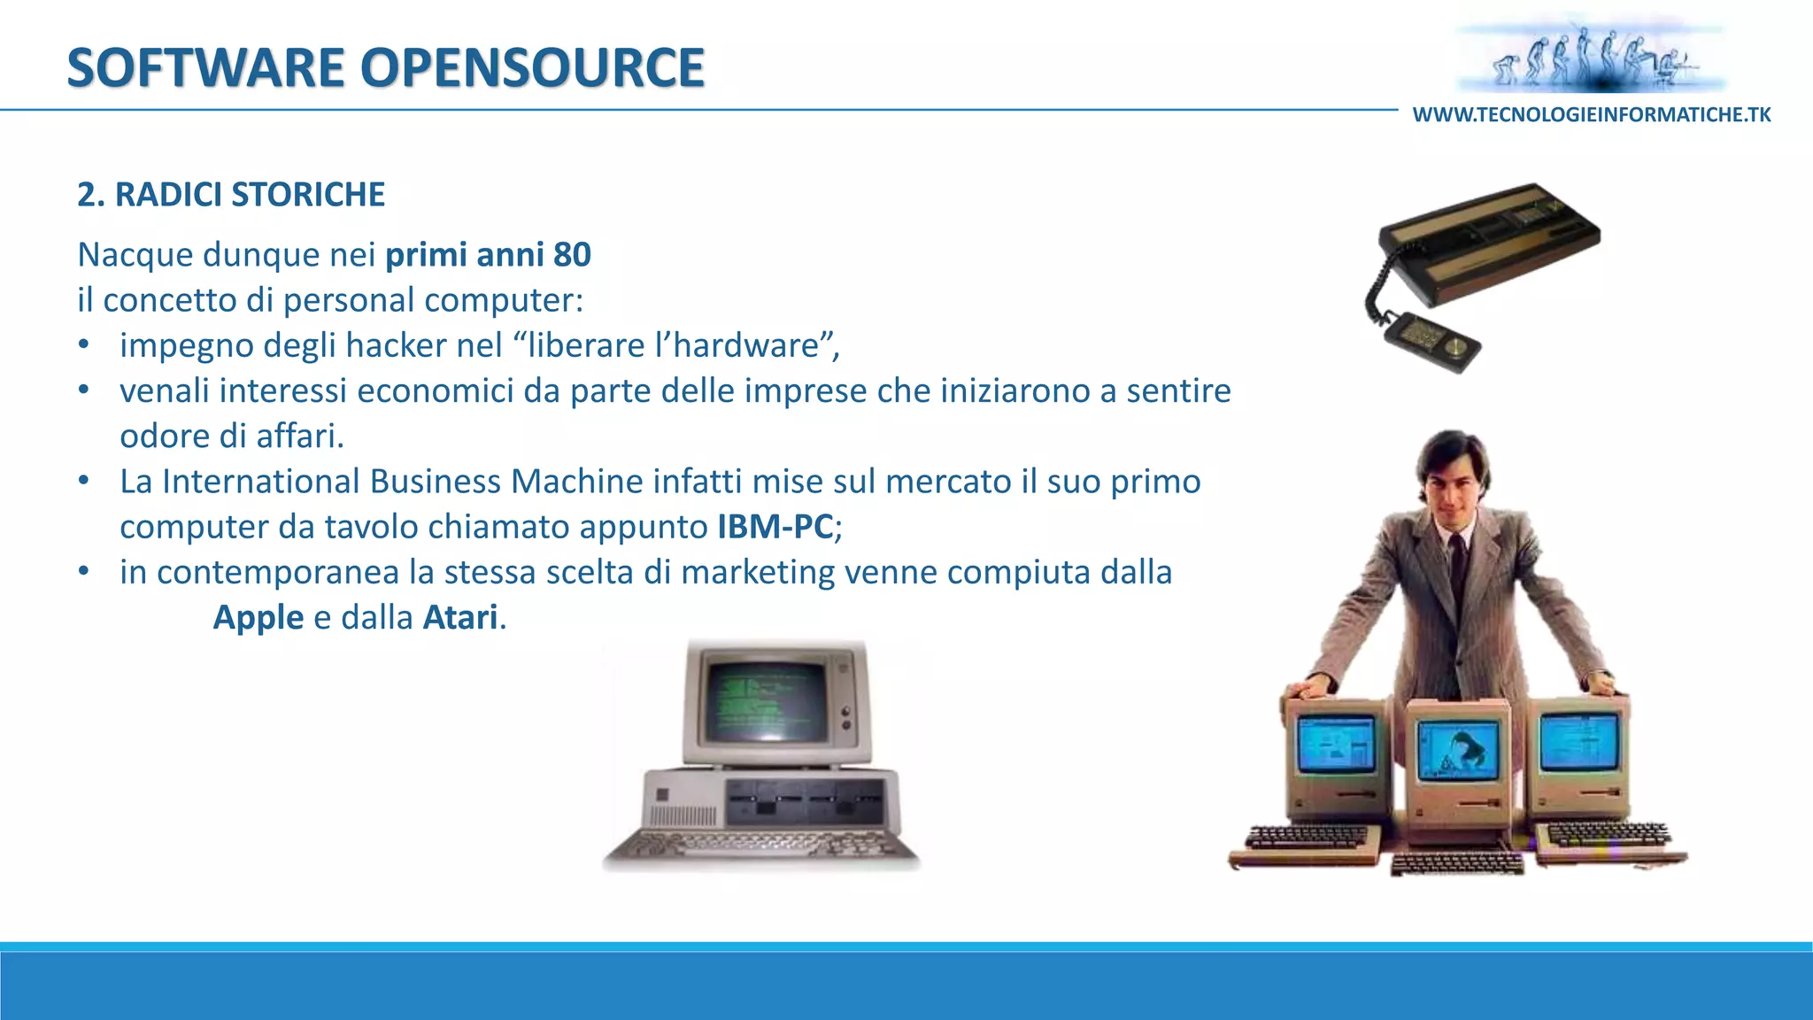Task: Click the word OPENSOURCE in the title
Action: [x=532, y=68]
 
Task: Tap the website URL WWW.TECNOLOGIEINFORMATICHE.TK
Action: [x=1591, y=115]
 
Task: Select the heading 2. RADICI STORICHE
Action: [x=231, y=195]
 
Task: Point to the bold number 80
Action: [x=572, y=255]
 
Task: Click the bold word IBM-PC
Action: [x=775, y=527]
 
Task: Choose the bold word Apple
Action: [x=258, y=617]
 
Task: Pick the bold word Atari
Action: [x=460, y=617]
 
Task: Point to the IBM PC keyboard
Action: [x=761, y=848]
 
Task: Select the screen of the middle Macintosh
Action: [x=1459, y=751]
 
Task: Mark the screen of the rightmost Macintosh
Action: [x=1578, y=740]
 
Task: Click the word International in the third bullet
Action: [x=261, y=482]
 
